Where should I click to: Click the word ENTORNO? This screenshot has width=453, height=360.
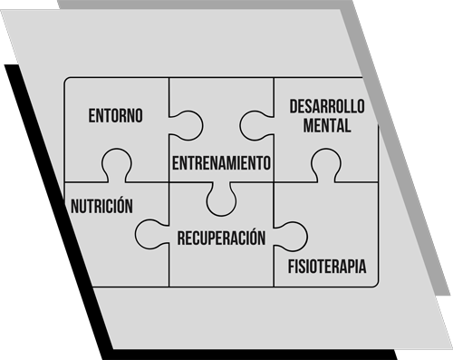[x=116, y=117]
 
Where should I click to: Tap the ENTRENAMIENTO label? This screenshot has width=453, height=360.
[x=221, y=163]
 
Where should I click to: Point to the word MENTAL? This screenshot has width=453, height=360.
[x=326, y=127]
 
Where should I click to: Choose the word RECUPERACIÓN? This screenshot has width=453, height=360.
[x=221, y=238]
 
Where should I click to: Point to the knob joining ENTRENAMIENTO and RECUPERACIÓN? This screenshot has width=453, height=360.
[x=221, y=199]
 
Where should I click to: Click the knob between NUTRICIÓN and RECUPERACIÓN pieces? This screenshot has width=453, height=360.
[x=150, y=233]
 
